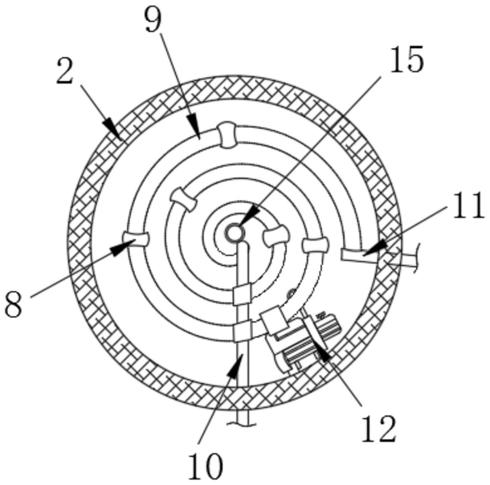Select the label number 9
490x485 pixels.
click(x=153, y=20)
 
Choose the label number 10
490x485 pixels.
click(x=205, y=463)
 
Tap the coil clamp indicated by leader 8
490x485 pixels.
click(x=134, y=239)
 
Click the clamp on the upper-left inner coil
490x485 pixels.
click(x=184, y=199)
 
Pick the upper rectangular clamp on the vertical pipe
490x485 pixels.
click(x=242, y=294)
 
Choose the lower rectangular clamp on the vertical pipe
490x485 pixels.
click(x=242, y=331)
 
